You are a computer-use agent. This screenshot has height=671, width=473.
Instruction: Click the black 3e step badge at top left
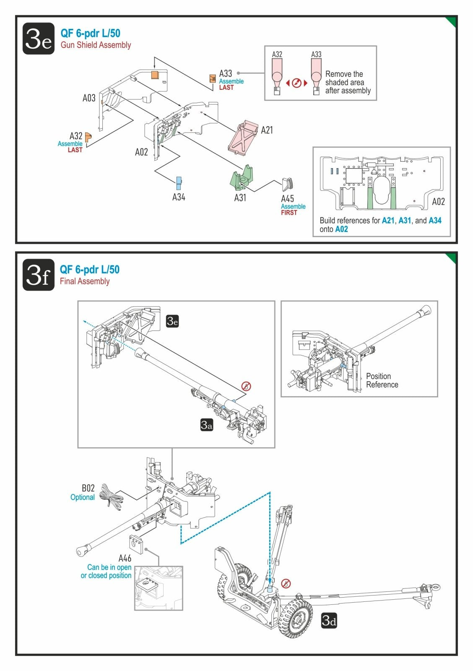(x=38, y=38)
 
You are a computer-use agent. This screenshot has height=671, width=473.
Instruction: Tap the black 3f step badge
(x=38, y=275)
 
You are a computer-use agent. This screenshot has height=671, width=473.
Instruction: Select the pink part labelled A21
(x=243, y=138)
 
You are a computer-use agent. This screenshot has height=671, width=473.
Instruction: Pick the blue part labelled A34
(x=179, y=183)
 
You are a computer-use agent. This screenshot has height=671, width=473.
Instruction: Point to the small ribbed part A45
(x=287, y=184)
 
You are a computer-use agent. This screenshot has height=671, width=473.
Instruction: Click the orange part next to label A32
(x=88, y=137)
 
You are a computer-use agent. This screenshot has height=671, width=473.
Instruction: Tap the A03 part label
(x=89, y=98)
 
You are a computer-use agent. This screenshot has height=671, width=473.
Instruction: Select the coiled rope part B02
(x=111, y=497)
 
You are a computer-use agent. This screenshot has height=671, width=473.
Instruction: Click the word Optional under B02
(x=82, y=497)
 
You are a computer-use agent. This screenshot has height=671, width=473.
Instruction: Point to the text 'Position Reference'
(x=382, y=380)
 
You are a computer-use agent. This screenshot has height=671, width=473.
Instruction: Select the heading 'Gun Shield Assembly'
(x=96, y=45)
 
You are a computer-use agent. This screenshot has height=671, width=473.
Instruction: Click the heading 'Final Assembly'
(x=85, y=281)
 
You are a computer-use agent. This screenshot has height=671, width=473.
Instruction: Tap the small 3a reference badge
(x=207, y=425)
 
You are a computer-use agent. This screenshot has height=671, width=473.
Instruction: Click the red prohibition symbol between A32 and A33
(x=296, y=83)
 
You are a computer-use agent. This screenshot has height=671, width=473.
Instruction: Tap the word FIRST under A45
(x=289, y=213)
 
